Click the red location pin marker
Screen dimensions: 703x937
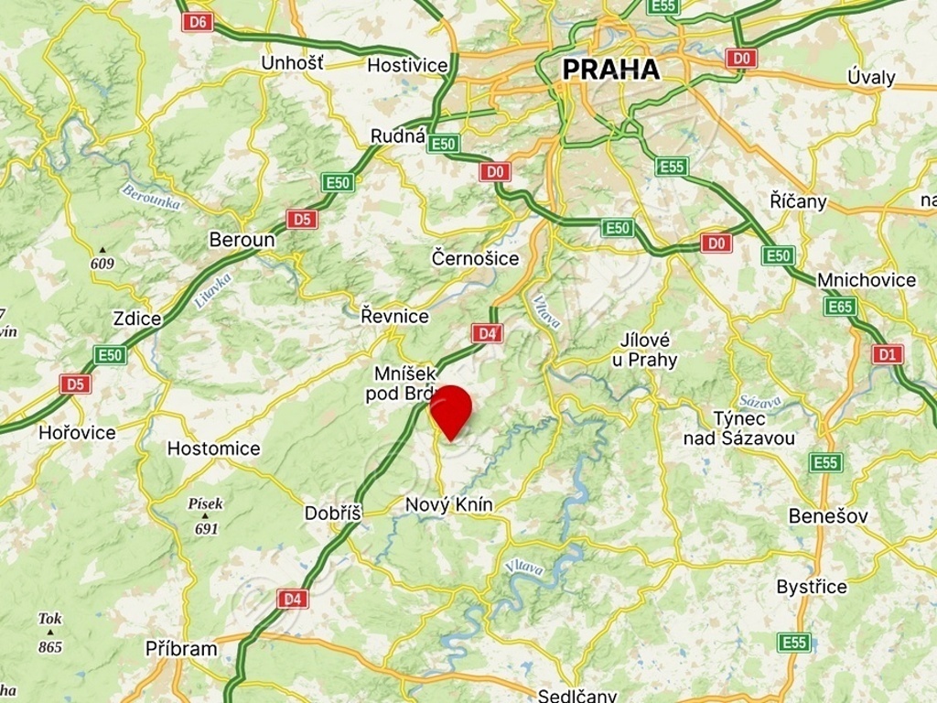click(x=450, y=410)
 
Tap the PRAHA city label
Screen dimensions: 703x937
click(x=610, y=70)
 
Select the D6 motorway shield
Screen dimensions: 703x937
click(x=197, y=22)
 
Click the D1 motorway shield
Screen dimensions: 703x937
click(x=887, y=354)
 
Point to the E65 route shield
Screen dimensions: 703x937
click(x=840, y=307)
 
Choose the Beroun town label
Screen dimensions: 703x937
click(x=242, y=240)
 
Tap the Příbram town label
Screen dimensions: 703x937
click(x=181, y=649)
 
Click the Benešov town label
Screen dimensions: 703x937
click(x=828, y=516)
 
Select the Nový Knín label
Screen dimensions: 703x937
click(x=448, y=505)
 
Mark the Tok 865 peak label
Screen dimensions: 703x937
click(x=50, y=633)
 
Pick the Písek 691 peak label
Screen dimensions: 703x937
click(x=206, y=515)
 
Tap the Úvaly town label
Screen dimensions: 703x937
click(x=871, y=77)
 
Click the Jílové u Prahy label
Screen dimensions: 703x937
click(x=645, y=350)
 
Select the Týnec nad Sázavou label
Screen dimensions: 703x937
click(x=738, y=428)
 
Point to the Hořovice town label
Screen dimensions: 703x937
click(x=77, y=433)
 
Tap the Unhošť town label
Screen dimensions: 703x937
click(x=292, y=63)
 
